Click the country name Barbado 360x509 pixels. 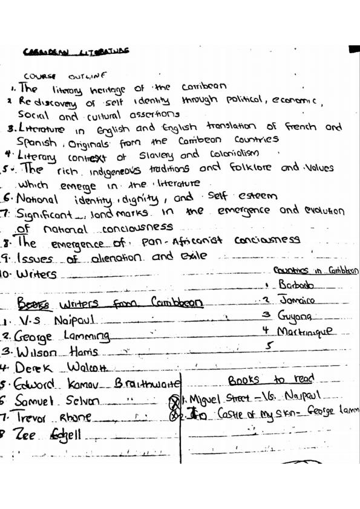point(296,284)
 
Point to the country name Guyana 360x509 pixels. point(298,316)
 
